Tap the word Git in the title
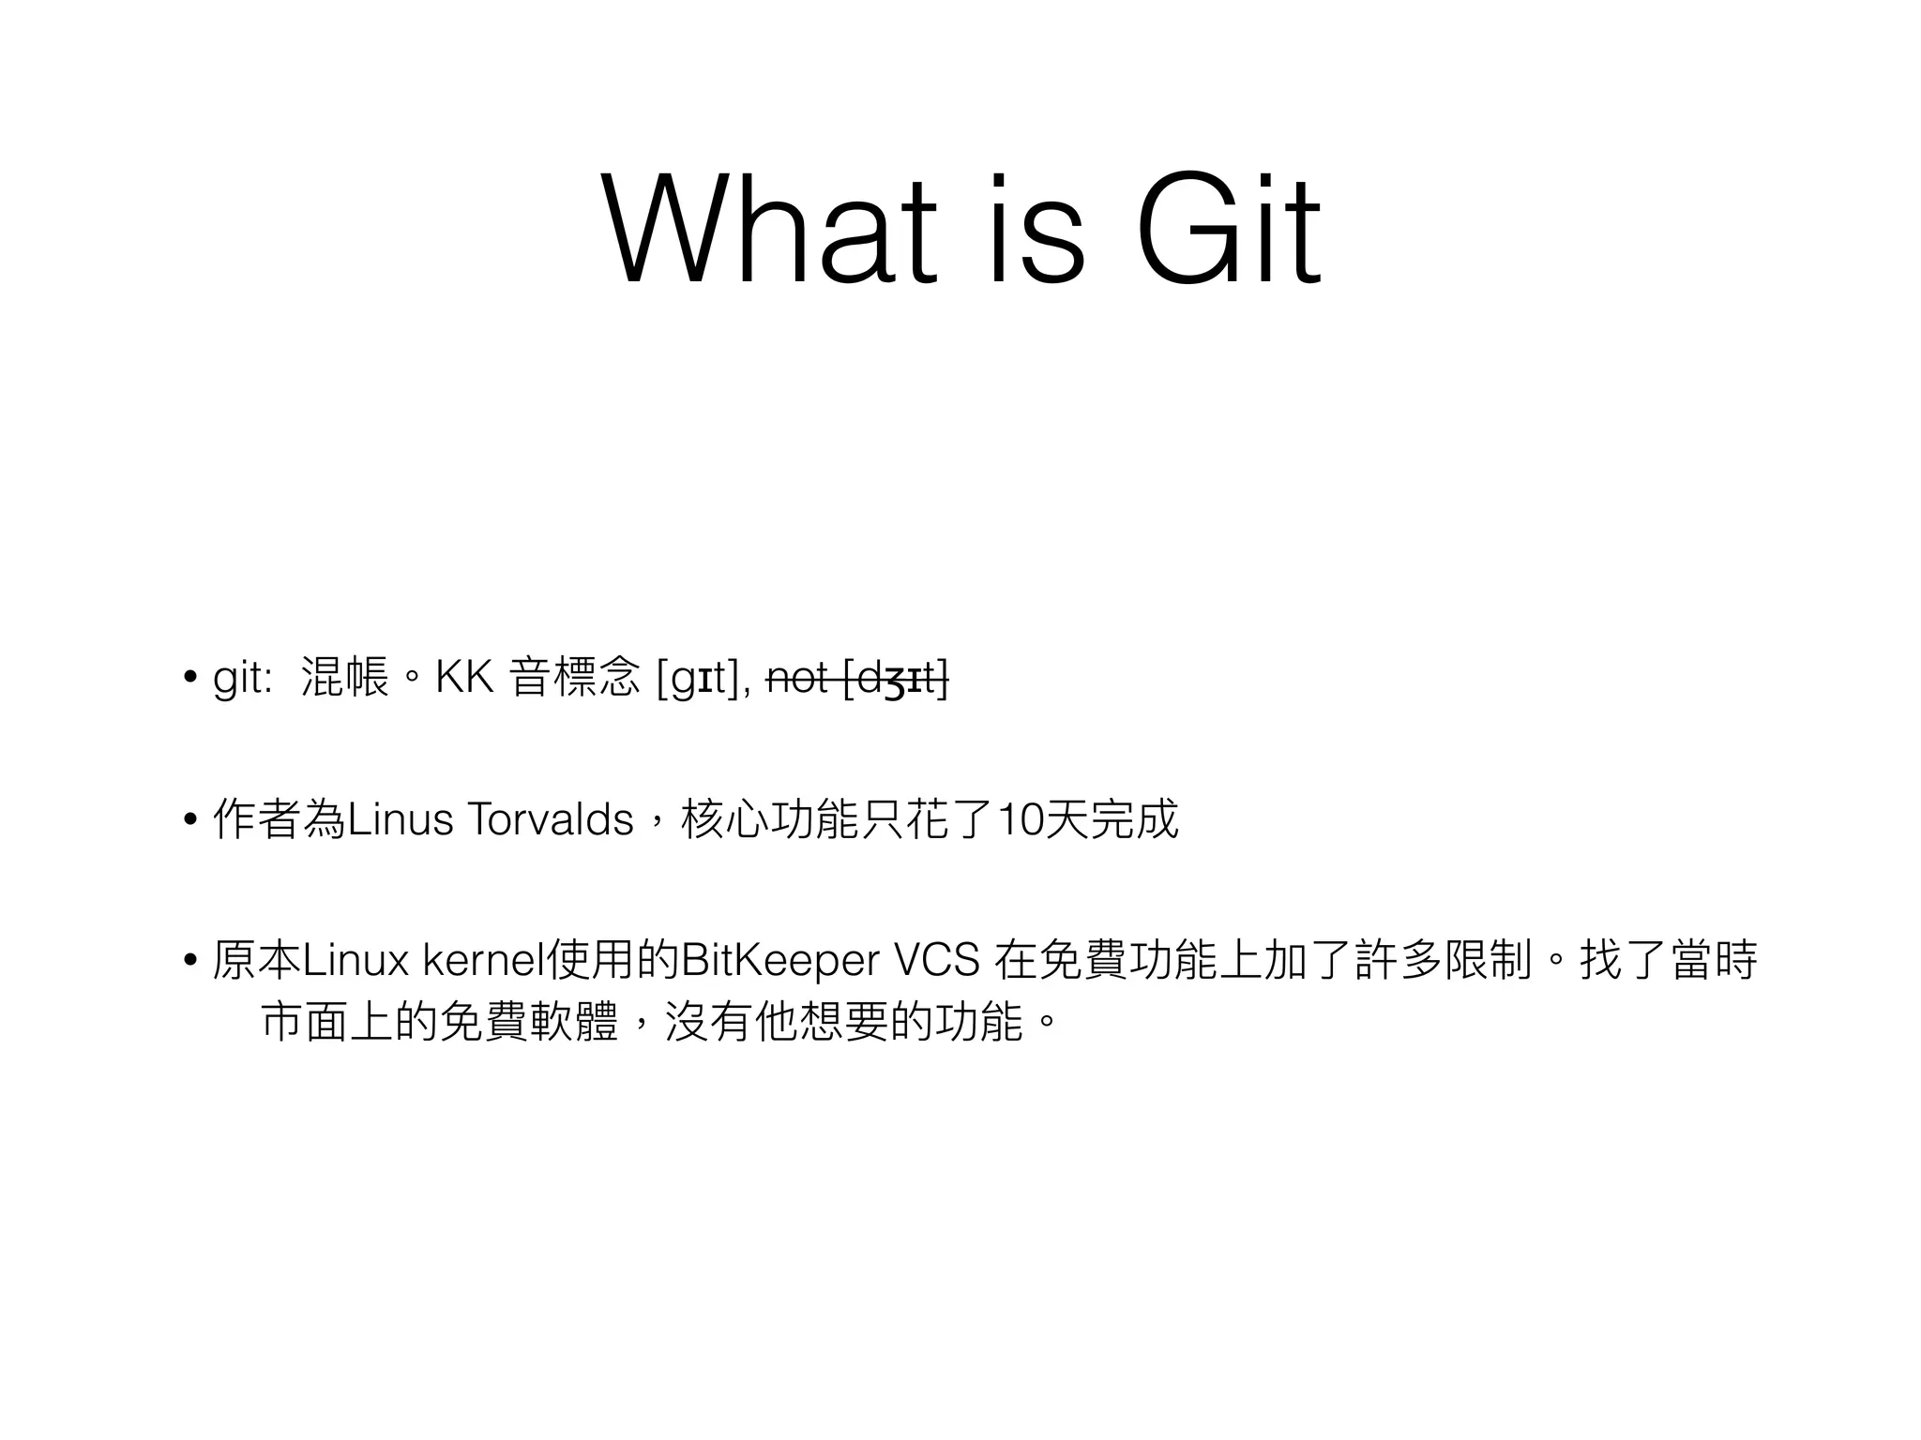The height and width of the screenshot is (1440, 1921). (1229, 230)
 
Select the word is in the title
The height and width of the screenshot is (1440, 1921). (1036, 230)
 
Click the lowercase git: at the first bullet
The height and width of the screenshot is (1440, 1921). (243, 678)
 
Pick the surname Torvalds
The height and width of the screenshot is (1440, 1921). (550, 820)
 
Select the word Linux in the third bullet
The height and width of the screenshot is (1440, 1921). (355, 961)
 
